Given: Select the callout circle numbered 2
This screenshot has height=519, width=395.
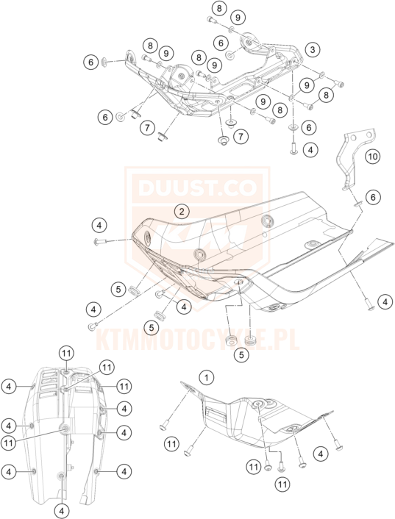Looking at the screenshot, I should coord(180,212).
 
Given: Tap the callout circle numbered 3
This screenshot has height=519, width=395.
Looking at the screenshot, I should coord(313,49).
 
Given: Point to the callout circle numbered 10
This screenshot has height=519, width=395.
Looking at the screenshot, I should coord(372,156).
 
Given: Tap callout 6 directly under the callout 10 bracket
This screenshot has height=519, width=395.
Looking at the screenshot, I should coord(373,196).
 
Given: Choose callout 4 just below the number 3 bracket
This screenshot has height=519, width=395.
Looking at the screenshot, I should coord(312,149).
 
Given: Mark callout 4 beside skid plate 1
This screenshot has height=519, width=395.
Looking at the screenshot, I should coord(321,454).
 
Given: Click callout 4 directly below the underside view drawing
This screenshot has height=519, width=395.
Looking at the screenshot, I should coord(62,509).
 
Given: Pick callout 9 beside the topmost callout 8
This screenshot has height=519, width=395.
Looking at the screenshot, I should coord(238,16).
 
